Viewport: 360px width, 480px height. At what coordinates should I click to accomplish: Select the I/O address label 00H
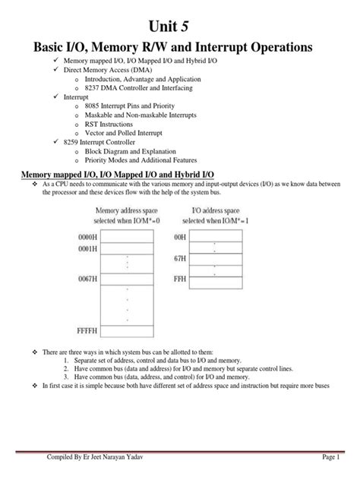click(180, 237)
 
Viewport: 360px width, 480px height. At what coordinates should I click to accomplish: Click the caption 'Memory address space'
click(128, 210)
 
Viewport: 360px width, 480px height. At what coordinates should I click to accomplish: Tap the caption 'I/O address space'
click(216, 210)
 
